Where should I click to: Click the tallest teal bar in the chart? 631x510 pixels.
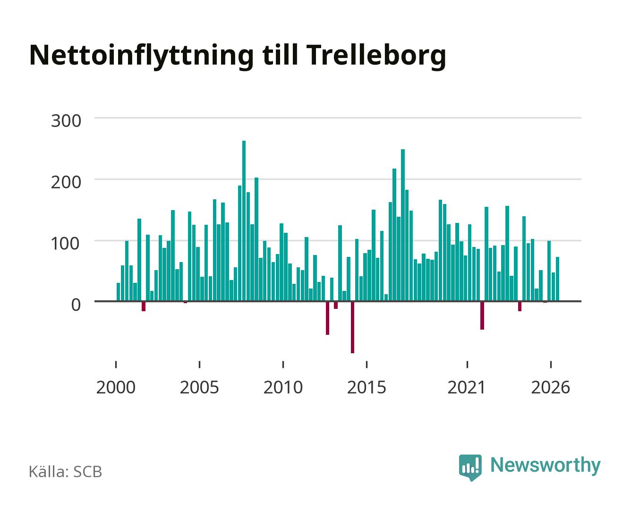pos(244,221)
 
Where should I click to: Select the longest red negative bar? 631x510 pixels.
pos(352,327)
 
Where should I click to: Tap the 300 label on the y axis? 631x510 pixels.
pos(66,121)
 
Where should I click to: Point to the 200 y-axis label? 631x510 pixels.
pos(66,182)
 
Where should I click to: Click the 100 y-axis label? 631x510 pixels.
pos(66,244)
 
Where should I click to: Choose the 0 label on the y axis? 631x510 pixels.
pos(76,305)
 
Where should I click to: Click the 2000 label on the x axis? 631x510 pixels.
pos(116,387)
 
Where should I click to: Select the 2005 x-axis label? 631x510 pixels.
pos(199,387)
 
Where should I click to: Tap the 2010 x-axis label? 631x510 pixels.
pos(283,387)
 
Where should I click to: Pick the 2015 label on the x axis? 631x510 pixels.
pos(367,387)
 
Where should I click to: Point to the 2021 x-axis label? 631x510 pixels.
pos(467,387)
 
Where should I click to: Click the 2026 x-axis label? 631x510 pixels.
pos(551,387)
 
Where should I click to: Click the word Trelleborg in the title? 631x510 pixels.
pos(376,56)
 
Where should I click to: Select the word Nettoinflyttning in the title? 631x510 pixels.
pos(142,56)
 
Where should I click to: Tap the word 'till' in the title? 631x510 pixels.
pos(280,55)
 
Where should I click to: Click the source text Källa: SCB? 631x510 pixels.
pos(66,471)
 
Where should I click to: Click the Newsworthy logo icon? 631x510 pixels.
pos(470,467)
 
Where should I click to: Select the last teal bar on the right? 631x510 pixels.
pos(557,279)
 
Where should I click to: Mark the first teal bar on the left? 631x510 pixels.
pos(118,292)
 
